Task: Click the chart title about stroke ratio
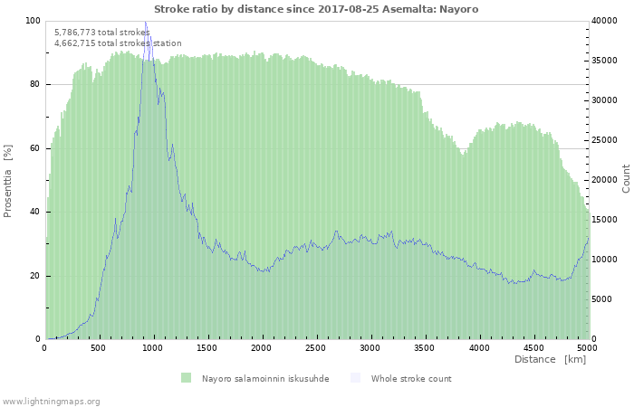tap(316, 9)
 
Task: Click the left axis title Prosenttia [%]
tap(8, 180)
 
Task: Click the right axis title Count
tap(625, 178)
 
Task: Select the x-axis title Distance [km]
tap(550, 359)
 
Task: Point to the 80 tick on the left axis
tap(34, 84)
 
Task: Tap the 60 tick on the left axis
tap(34, 148)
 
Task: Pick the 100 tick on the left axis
tap(33, 21)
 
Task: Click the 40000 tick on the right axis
tap(606, 21)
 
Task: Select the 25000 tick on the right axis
tap(606, 140)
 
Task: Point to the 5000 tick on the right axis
tap(603, 299)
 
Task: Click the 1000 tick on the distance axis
tap(153, 347)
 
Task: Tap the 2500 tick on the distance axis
tap(316, 347)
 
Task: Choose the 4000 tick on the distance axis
tap(478, 347)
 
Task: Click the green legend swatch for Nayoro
tap(186, 378)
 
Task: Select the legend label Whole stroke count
tap(410, 379)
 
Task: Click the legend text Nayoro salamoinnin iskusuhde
tap(265, 379)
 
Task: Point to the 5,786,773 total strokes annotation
tap(101, 32)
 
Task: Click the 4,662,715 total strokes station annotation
tap(118, 43)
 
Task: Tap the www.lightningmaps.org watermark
tap(51, 401)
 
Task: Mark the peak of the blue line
tap(145, 22)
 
